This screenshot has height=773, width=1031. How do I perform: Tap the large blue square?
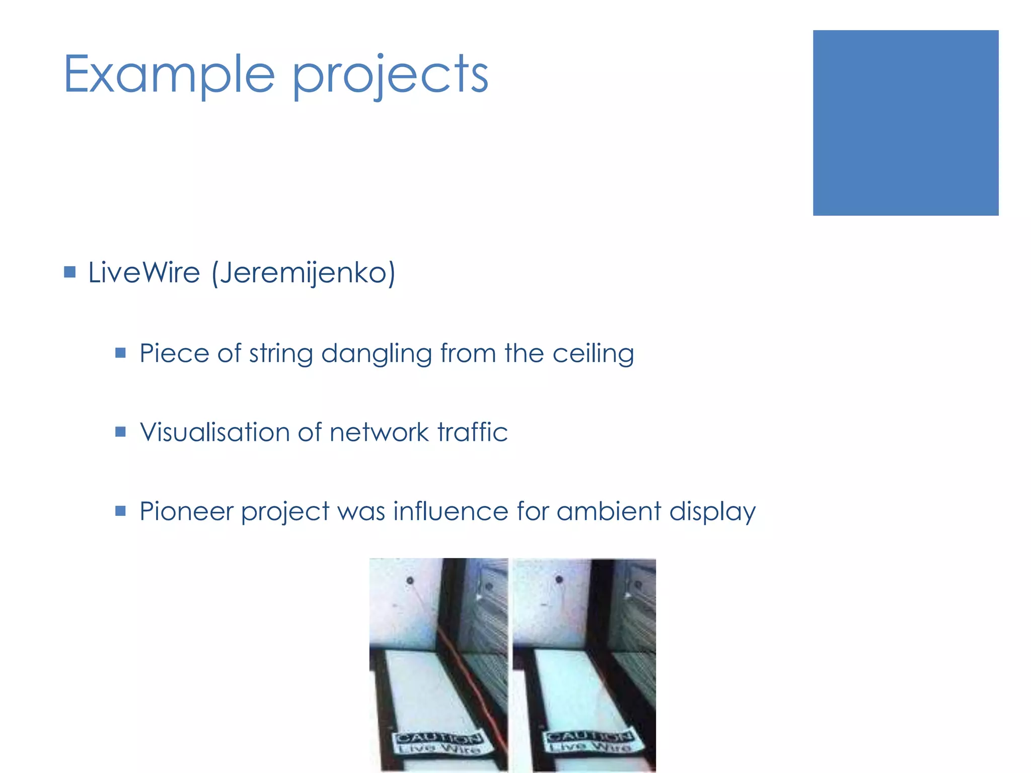click(905, 123)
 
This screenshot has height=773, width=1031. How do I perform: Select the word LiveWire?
click(144, 273)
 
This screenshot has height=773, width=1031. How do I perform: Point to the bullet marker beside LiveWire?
click(70, 273)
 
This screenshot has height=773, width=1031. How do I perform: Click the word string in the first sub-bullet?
click(281, 354)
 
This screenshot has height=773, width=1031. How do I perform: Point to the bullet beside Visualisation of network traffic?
click(120, 432)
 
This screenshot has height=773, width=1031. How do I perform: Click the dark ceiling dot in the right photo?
click(559, 580)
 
